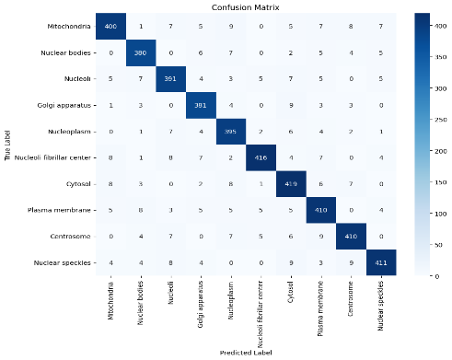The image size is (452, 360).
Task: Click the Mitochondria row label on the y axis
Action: [x=72, y=27]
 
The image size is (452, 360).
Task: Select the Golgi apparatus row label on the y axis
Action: [x=69, y=105]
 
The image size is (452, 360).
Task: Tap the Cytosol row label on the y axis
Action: [x=79, y=182]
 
